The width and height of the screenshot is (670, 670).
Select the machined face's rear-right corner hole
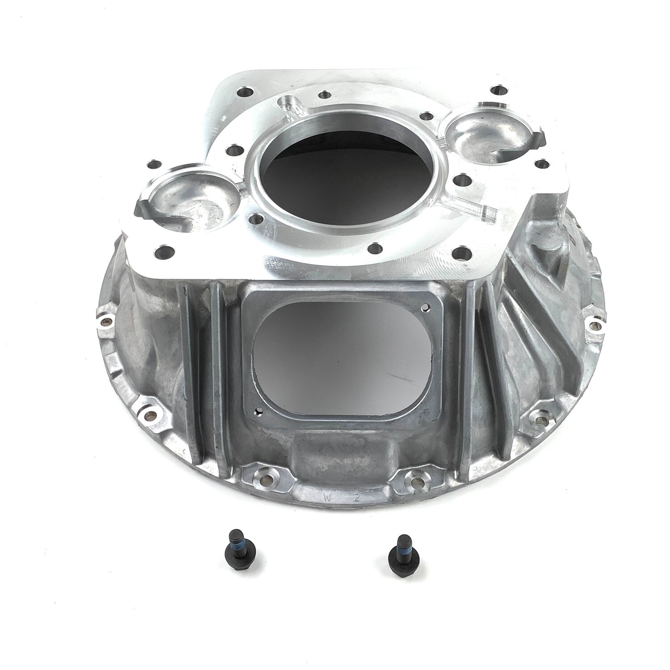495,91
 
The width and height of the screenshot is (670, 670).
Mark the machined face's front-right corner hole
459,254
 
